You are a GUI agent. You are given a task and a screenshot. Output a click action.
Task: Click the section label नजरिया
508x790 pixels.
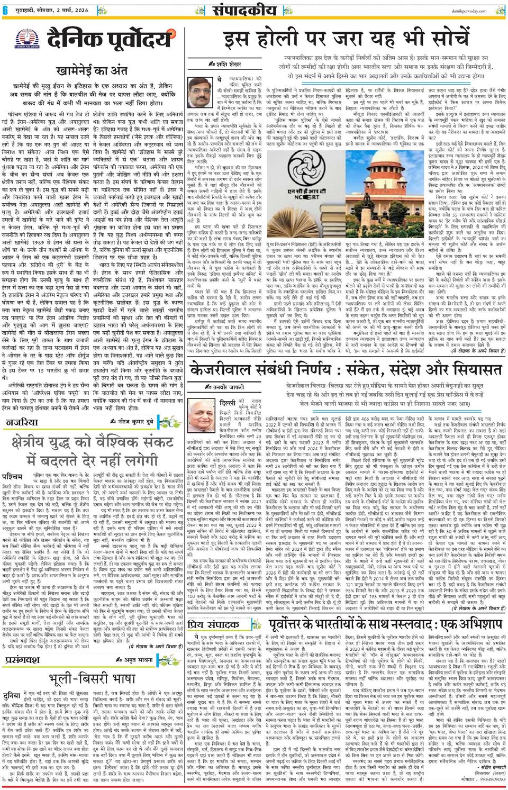pyautogui.click(x=22, y=422)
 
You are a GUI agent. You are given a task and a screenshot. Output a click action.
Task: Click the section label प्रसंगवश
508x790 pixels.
pyautogui.click(x=23, y=660)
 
